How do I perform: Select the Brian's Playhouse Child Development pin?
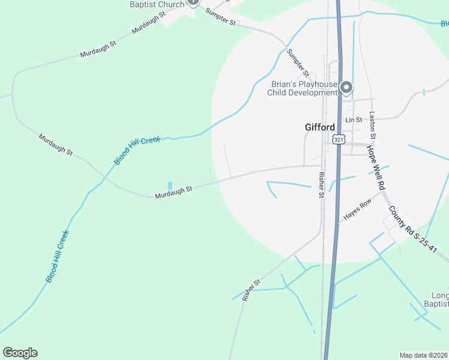[x=346, y=88]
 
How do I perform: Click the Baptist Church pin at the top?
[x=193, y=2]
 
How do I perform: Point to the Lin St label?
[x=354, y=120]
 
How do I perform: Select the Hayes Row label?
[x=357, y=209]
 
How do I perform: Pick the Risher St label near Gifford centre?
[x=322, y=185]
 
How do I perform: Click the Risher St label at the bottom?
[x=252, y=290]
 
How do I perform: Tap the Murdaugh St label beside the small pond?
[x=173, y=193]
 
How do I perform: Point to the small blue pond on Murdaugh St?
[x=170, y=185]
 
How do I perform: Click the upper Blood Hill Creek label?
[x=137, y=151]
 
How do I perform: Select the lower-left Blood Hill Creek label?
[x=57, y=256]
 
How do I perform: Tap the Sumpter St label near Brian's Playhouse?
[x=297, y=62]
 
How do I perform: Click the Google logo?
[x=20, y=353]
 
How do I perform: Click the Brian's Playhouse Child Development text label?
[x=303, y=89]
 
